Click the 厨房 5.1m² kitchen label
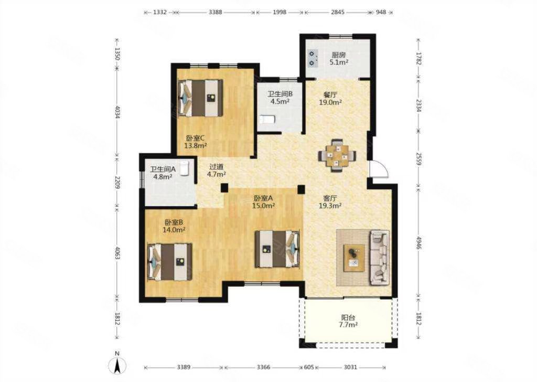[339, 59]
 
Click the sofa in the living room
[380, 258]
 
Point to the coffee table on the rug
[354, 258]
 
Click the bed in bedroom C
[200, 98]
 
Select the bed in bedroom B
[169, 262]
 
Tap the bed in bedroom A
[277, 249]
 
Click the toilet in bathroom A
[185, 168]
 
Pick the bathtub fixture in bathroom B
[267, 120]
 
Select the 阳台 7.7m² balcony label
[348, 321]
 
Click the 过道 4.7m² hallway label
[217, 170]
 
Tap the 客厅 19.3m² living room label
[330, 202]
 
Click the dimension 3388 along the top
[216, 13]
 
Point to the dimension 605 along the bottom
[309, 367]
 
